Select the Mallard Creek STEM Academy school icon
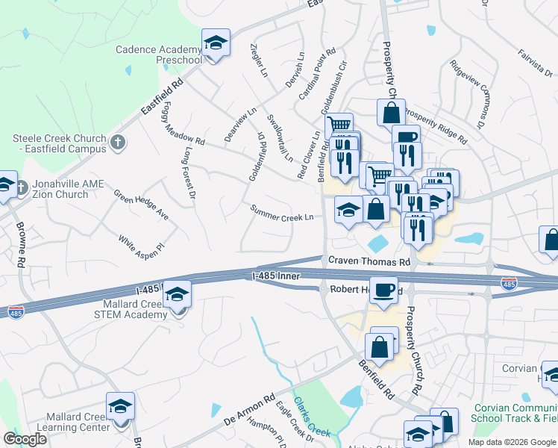pyautogui.click(x=177, y=295)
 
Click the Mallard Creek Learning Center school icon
pyautogui.click(x=120, y=406)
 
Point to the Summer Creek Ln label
pyautogui.click(x=280, y=213)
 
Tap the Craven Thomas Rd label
pyautogui.click(x=369, y=262)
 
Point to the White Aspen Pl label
pyautogui.click(x=140, y=243)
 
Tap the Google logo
pyautogui.click(x=25, y=439)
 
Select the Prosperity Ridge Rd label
pyautogui.click(x=436, y=128)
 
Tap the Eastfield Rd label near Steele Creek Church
pyautogui.click(x=163, y=98)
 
